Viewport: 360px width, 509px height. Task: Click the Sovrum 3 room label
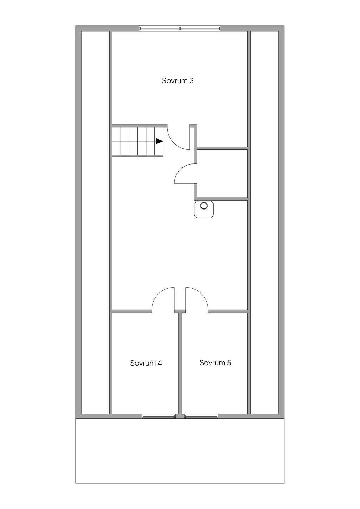click(x=178, y=80)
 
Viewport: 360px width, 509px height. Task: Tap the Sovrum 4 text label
click(x=146, y=363)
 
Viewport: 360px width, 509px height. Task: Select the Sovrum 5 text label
click(x=215, y=362)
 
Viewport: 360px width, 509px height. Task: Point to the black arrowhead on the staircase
click(x=159, y=141)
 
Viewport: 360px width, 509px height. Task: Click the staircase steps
click(x=137, y=141)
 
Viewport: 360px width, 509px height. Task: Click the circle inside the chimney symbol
click(x=204, y=206)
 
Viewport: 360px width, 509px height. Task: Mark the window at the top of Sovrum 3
click(x=180, y=28)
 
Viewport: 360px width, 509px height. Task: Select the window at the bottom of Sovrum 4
click(x=159, y=416)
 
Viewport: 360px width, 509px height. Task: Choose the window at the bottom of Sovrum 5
click(x=201, y=416)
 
